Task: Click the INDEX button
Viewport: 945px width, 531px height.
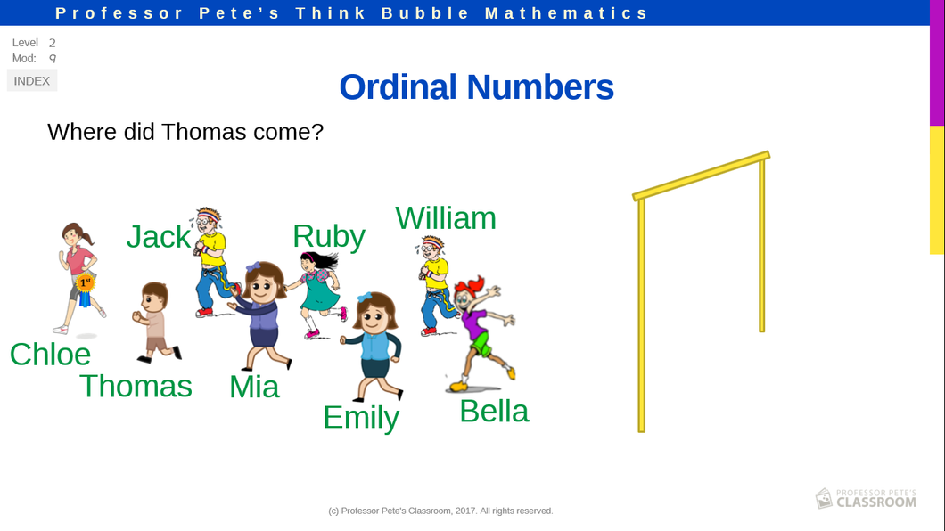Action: (x=32, y=81)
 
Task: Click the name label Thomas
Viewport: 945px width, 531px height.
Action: (x=136, y=386)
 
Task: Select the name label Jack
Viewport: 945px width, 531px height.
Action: (x=158, y=237)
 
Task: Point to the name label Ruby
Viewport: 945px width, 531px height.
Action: (x=329, y=237)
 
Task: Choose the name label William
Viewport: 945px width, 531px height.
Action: (x=446, y=218)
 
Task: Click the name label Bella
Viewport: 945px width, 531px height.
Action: (x=494, y=412)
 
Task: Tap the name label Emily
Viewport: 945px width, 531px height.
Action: (x=361, y=418)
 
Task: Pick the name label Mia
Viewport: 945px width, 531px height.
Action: (x=254, y=387)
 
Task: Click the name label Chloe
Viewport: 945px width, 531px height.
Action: (x=50, y=354)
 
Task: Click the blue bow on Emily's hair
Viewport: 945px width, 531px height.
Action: (x=365, y=298)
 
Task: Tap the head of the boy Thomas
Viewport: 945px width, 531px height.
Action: (x=154, y=297)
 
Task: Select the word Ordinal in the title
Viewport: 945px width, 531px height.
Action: (x=399, y=86)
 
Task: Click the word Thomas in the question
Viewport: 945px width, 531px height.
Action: (x=204, y=132)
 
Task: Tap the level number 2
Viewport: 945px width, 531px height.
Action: (x=53, y=43)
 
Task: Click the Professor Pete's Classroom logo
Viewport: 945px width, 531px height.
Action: (x=866, y=499)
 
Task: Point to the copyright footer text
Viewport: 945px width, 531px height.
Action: (x=440, y=511)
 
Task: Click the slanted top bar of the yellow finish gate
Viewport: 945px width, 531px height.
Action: (x=701, y=176)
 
